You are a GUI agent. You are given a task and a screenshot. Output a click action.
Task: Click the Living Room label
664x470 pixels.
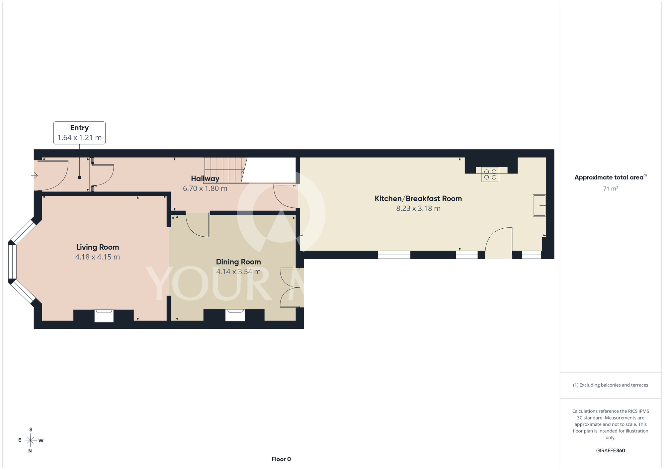pos(98,247)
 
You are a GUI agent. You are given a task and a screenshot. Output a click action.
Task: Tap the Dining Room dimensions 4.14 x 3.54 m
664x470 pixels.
pos(238,272)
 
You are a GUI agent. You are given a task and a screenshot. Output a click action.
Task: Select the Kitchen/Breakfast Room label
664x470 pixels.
pos(418,198)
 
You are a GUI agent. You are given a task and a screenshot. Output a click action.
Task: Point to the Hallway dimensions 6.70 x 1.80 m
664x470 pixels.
pos(205,188)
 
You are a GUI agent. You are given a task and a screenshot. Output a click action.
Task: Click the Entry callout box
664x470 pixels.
pos(80,133)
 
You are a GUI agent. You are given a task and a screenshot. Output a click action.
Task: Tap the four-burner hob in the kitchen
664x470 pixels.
pos(490,175)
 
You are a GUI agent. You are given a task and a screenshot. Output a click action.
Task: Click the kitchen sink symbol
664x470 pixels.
pos(539,205)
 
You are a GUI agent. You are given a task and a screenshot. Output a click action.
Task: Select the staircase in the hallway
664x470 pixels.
pos(226,170)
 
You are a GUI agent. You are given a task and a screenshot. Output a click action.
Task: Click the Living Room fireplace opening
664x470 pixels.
pos(104,316)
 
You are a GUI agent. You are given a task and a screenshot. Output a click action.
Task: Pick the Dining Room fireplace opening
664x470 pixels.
pos(235,315)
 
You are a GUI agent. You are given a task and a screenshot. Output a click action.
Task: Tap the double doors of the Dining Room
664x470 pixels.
pos(290,288)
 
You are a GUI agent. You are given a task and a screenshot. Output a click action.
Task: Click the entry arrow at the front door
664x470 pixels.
pos(34,175)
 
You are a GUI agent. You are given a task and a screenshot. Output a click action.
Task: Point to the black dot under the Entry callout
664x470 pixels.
pos(79,177)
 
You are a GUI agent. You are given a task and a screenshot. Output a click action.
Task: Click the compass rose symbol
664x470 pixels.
pos(31,440)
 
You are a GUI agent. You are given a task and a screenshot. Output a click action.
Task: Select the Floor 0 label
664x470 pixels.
pos(281,459)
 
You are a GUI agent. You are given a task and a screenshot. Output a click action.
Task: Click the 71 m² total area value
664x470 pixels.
pos(611,188)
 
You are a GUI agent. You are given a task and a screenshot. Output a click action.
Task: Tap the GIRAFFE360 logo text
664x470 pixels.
pos(611,451)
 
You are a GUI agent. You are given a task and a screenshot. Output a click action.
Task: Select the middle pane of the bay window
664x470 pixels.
pos(12,262)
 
